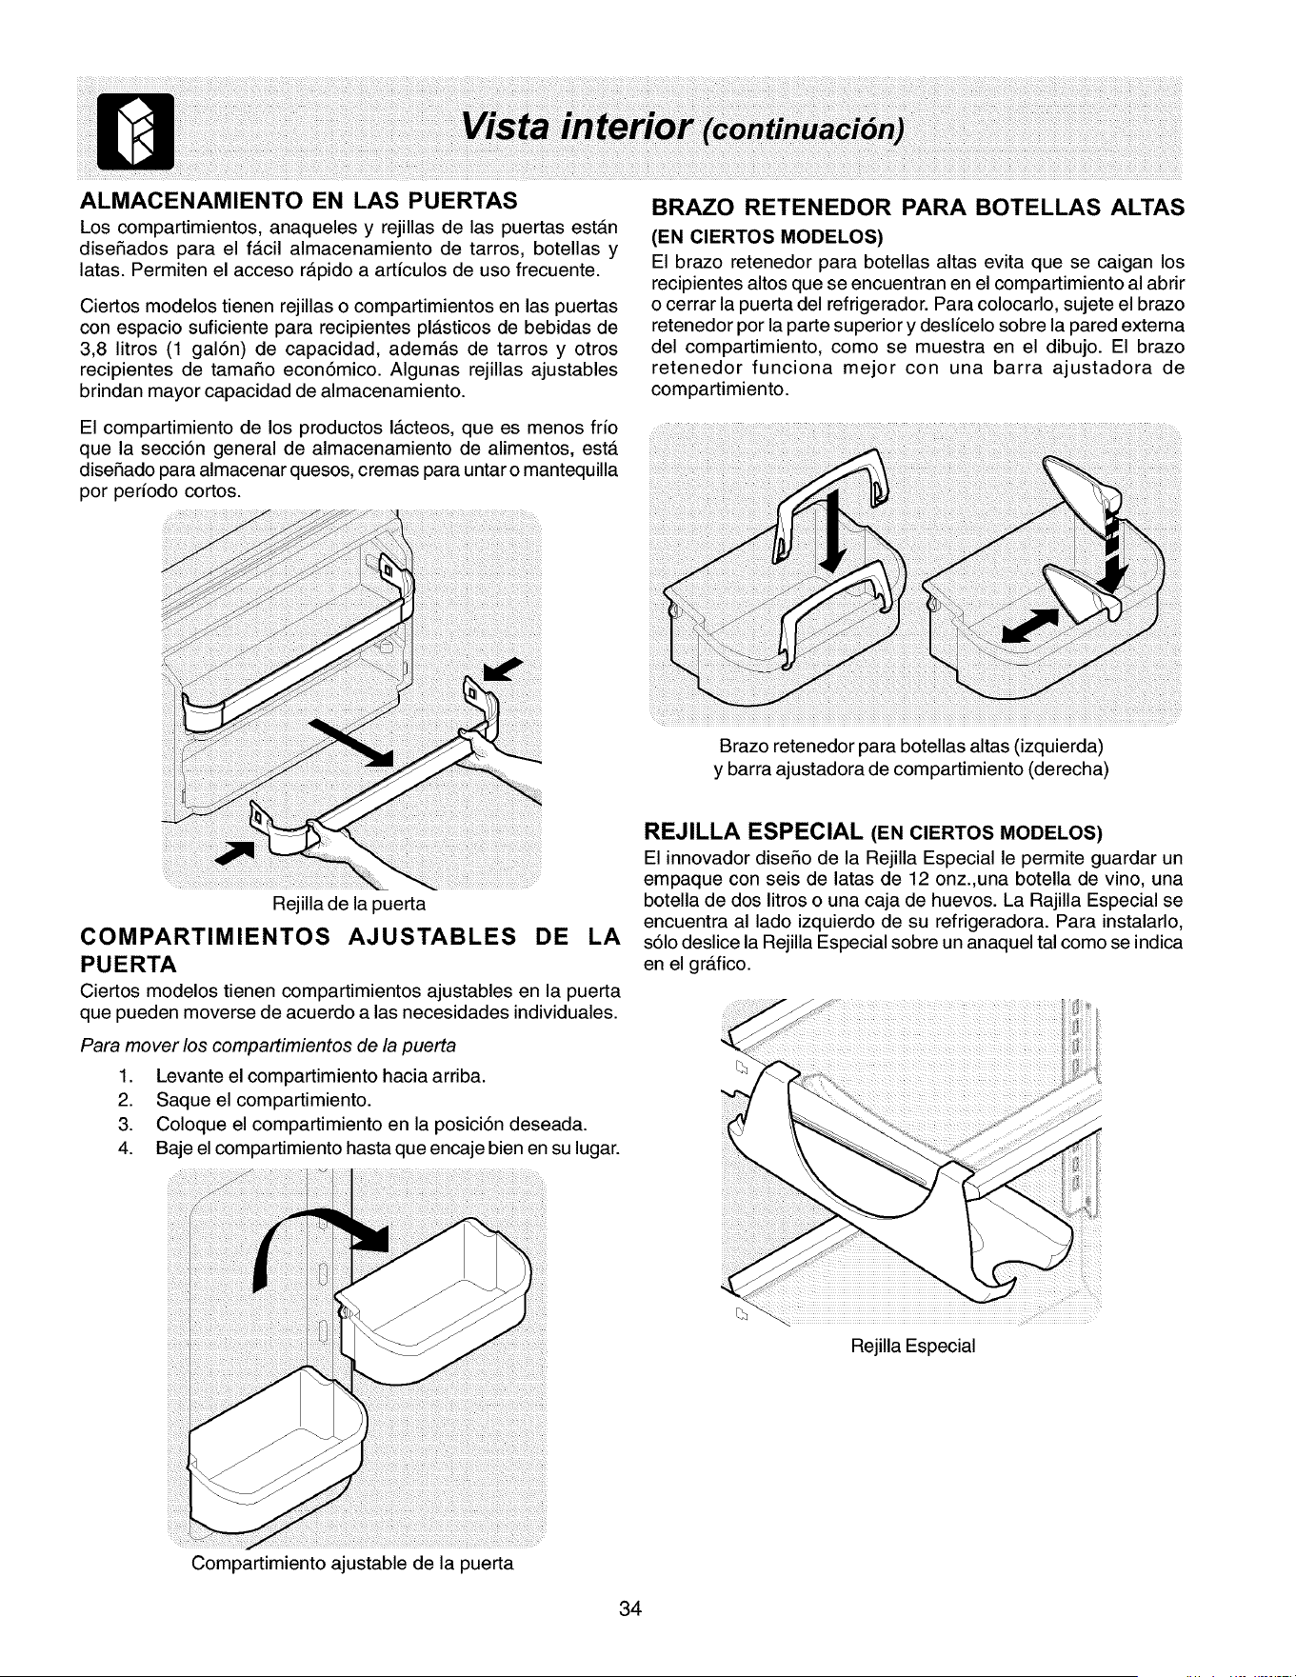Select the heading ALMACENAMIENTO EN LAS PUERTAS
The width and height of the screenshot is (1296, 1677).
pos(298,202)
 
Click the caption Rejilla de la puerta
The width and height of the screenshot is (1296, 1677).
pos(349,902)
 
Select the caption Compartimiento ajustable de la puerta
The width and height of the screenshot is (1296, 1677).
pos(352,1564)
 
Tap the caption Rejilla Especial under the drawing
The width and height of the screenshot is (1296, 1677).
pos(913,1347)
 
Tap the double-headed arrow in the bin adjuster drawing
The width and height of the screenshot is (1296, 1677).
pos(1030,625)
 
